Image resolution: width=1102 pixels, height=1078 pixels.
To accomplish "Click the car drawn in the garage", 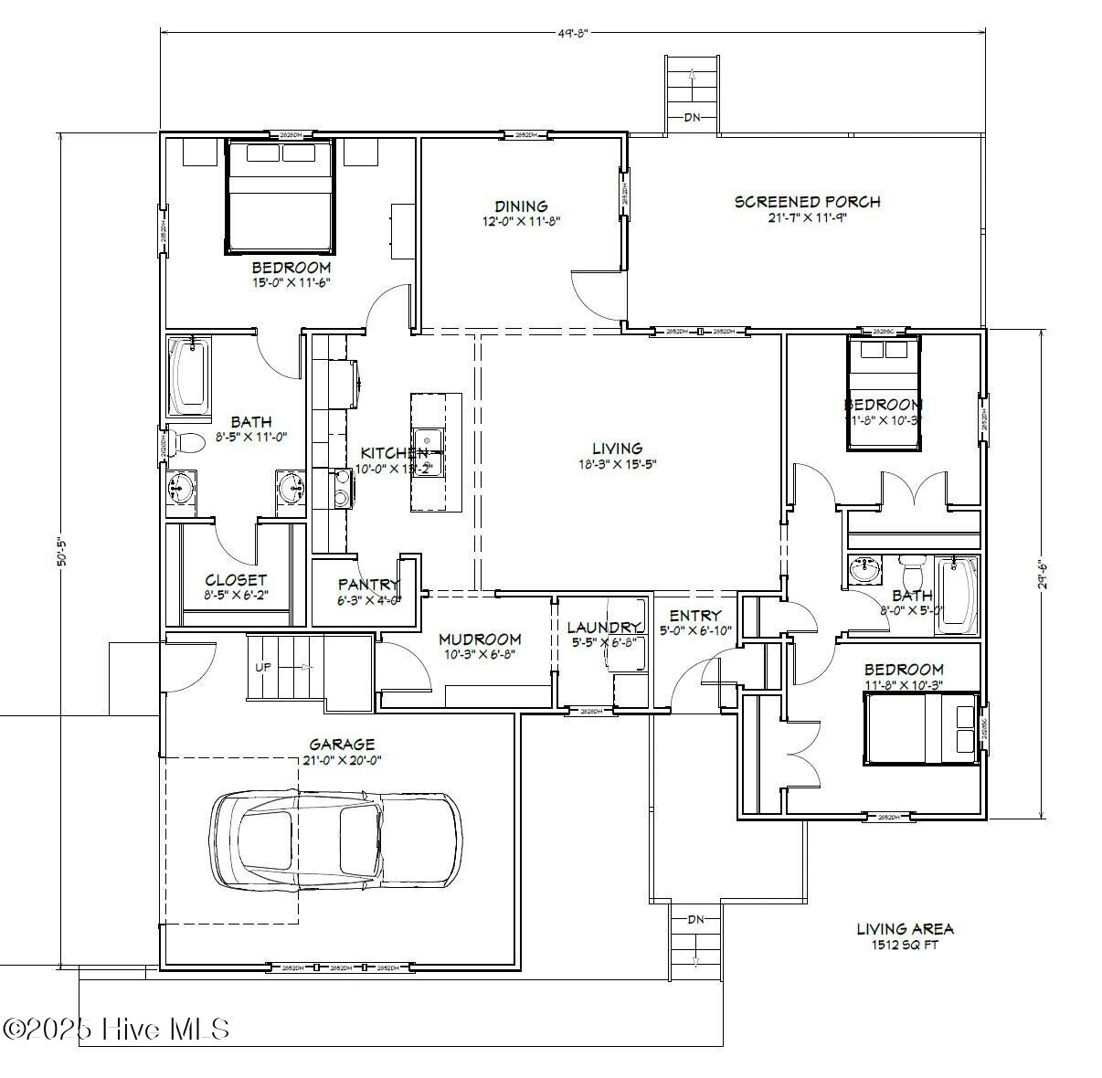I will (336, 839).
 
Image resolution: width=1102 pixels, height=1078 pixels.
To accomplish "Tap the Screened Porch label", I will (807, 202).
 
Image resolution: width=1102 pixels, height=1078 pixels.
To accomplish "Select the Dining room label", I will (521, 206).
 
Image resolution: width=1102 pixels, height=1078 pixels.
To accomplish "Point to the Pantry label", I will (368, 585).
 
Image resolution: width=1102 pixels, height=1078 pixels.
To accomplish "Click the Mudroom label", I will (480, 639).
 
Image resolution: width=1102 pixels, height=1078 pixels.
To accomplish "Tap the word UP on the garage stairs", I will (263, 667).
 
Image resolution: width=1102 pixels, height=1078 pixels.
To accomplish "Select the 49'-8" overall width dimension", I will (572, 33).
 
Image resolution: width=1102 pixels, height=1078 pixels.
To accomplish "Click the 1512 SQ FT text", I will (904, 946).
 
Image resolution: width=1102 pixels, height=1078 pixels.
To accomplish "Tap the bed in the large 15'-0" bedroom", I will (279, 196).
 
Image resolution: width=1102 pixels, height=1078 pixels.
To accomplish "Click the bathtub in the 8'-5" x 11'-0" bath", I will (189, 376).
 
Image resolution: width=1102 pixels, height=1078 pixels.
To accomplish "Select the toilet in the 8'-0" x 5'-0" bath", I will (912, 574).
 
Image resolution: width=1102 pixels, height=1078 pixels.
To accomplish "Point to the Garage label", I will (341, 745).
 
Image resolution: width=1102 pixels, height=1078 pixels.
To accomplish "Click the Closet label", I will (236, 580).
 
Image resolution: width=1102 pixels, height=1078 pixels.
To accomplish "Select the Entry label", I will (695, 616).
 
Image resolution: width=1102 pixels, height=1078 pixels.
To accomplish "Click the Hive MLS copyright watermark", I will (116, 1029).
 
